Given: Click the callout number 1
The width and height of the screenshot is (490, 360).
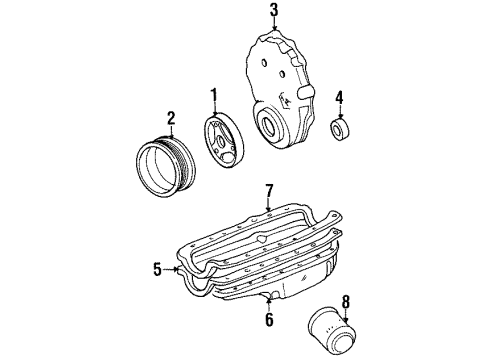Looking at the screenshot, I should (213, 97).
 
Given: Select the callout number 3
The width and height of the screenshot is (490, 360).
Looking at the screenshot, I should (273, 11).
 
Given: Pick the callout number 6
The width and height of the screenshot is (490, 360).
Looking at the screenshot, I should (268, 319).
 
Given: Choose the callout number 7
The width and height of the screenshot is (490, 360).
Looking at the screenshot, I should (268, 190).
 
